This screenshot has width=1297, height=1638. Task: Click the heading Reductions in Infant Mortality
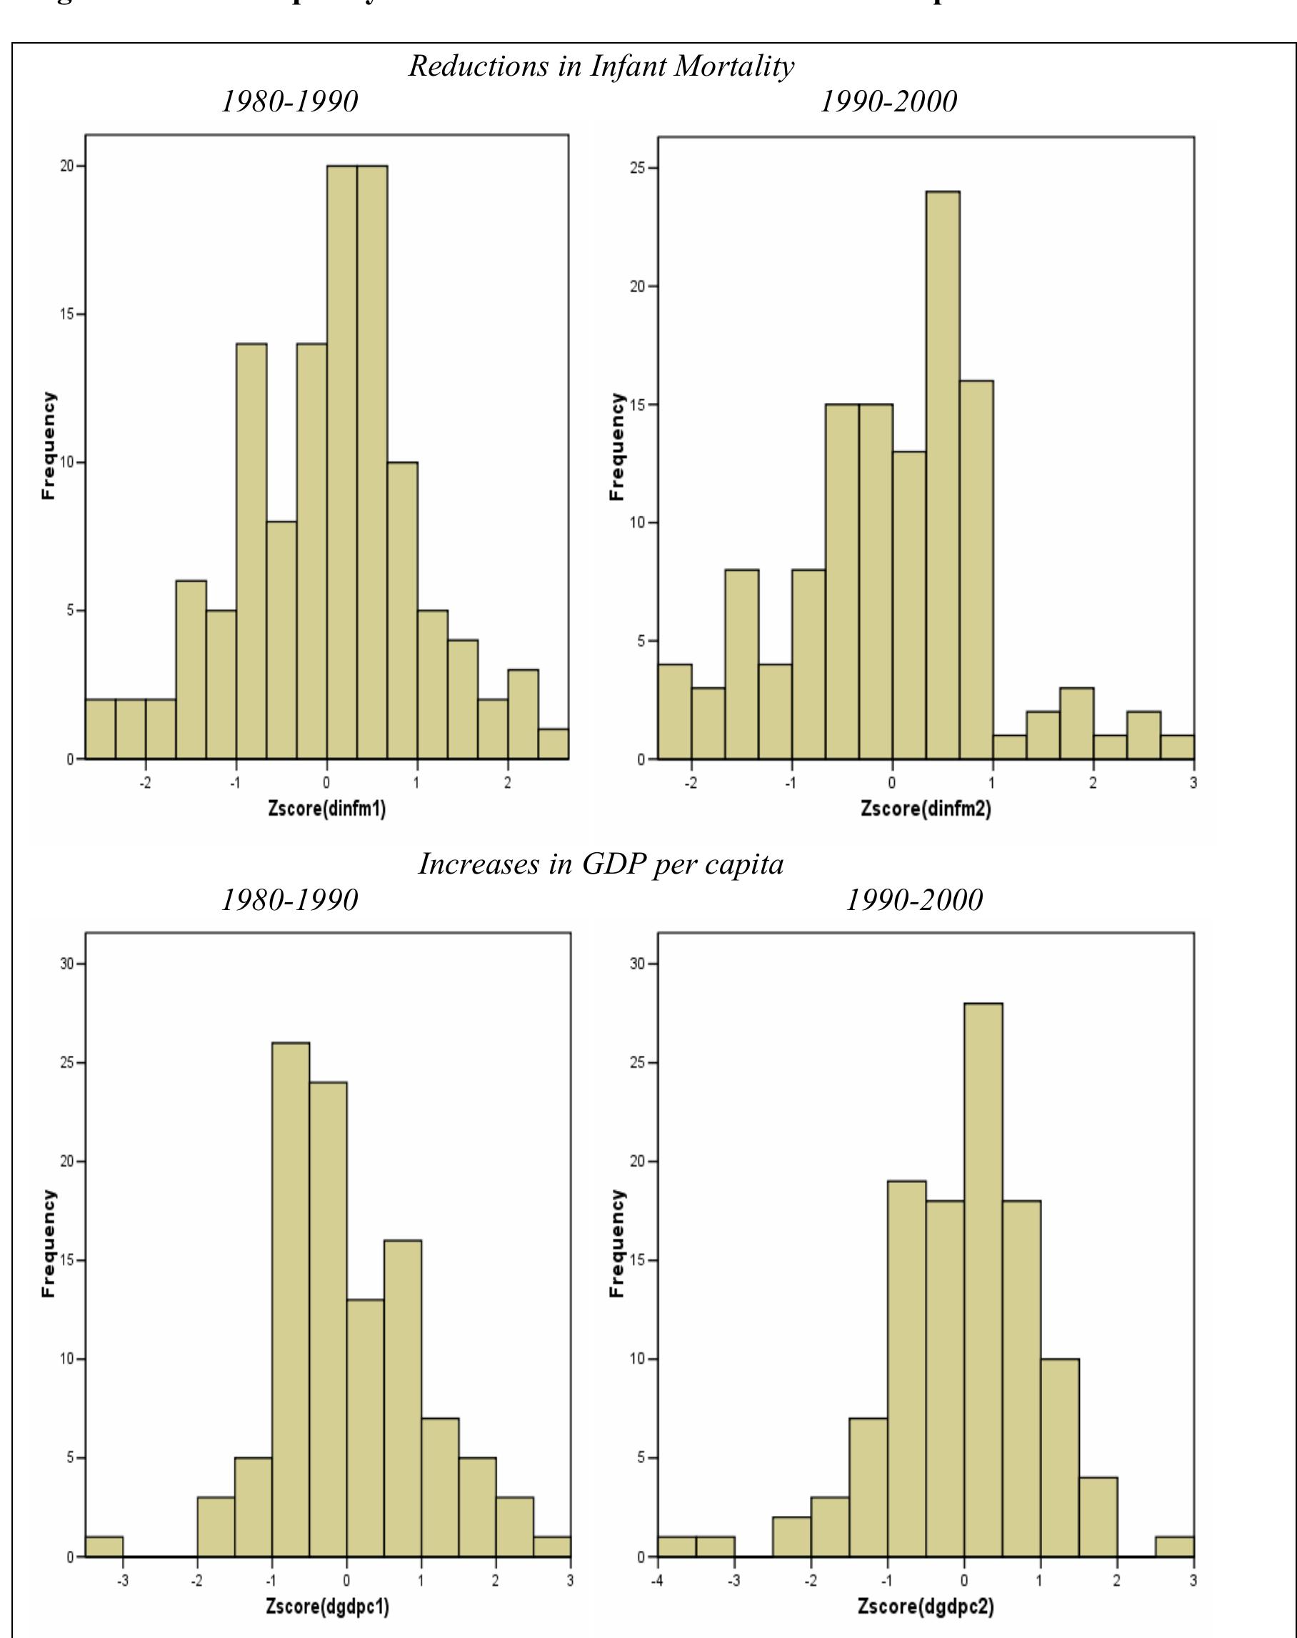[601, 66]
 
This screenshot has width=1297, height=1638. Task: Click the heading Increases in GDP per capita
[601, 864]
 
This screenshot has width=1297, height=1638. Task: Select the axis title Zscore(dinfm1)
[326, 809]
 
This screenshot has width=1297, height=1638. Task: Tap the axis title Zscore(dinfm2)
[926, 809]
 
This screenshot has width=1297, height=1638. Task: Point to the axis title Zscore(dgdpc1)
[327, 1607]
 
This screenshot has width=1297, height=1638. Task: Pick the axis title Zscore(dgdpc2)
[926, 1607]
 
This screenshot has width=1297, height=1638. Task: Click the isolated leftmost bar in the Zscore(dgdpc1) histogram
[104, 1546]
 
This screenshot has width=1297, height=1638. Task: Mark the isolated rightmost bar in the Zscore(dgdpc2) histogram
[1174, 1546]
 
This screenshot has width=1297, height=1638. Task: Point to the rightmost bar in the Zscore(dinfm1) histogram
[553, 744]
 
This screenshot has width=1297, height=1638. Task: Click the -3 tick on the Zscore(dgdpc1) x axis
[122, 1581]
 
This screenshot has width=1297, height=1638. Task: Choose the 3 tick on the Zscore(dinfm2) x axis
[1193, 783]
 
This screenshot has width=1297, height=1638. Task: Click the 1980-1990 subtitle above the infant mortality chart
[289, 101]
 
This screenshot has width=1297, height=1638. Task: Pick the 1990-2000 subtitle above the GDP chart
[913, 900]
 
